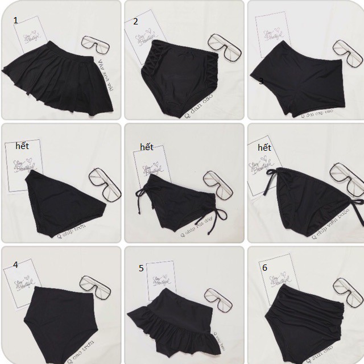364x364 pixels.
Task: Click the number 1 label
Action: pyautogui.click(x=16, y=20)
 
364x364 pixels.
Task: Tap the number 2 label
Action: pyautogui.click(x=135, y=22)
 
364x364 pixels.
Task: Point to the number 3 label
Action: pyautogui.click(x=261, y=81)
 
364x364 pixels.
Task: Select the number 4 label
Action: pyautogui.click(x=15, y=264)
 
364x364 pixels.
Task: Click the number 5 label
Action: pyautogui.click(x=141, y=268)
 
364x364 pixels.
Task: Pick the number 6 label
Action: pyautogui.click(x=265, y=267)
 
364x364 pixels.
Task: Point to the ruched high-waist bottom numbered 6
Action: pyautogui.click(x=307, y=318)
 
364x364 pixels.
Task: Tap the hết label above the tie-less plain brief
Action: pyautogui.click(x=22, y=146)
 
